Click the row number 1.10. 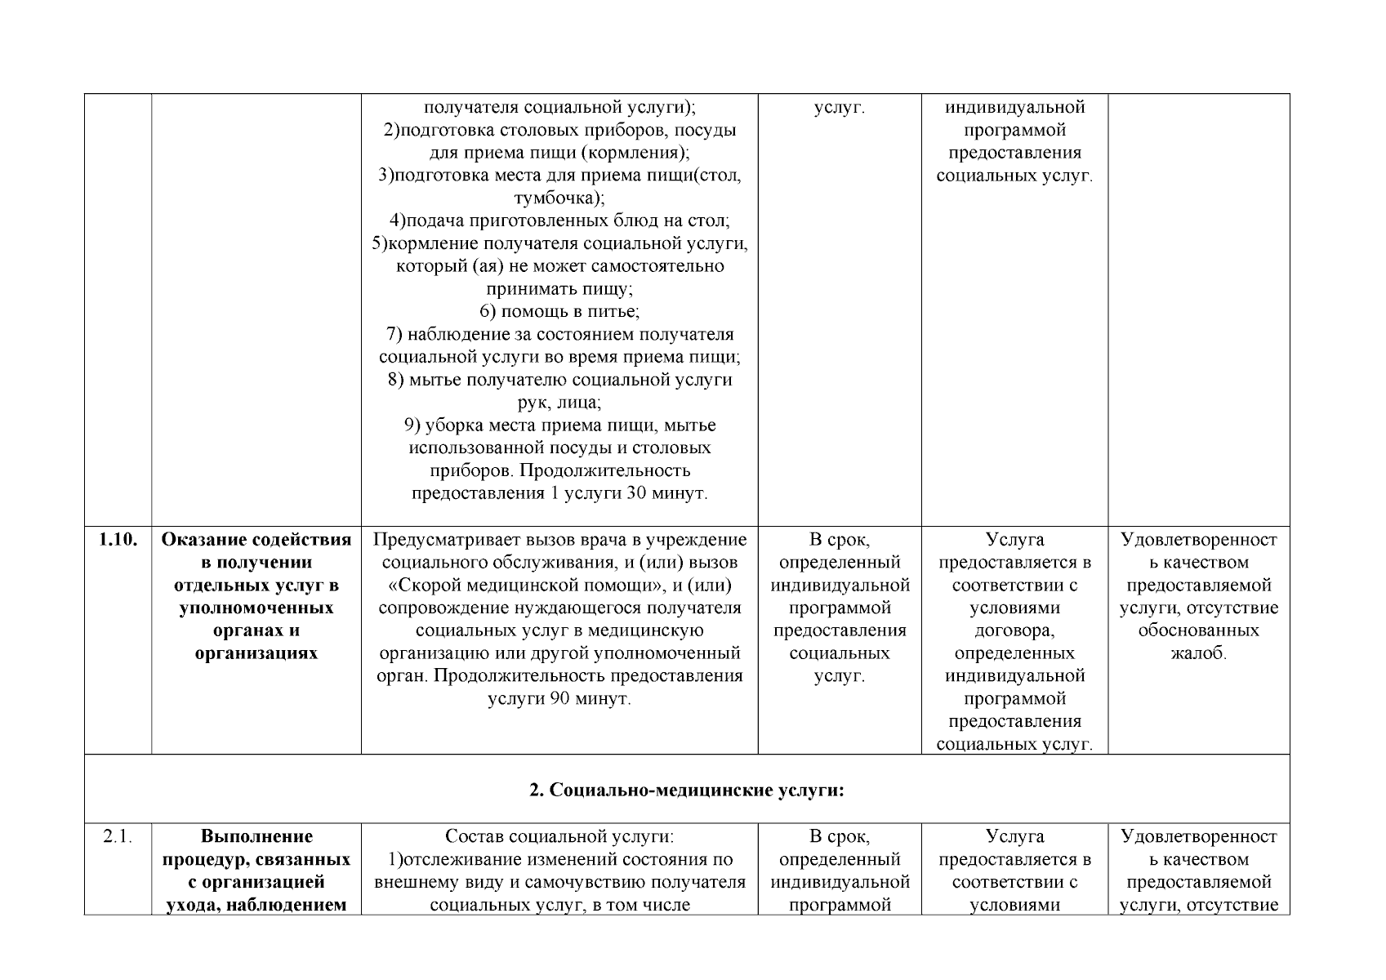tap(118, 540)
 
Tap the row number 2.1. tap(118, 836)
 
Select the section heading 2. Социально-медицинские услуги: tap(686, 790)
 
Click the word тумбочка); tap(559, 198)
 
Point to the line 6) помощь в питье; tap(559, 312)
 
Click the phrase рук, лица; tap(559, 403)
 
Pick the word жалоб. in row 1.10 tap(1198, 653)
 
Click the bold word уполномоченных tap(256, 608)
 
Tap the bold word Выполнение tap(256, 836)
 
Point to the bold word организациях tap(256, 653)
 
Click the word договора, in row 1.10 tap(1014, 630)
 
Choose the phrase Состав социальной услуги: tap(559, 836)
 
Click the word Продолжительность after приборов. tap(605, 471)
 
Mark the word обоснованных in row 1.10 tap(1198, 630)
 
